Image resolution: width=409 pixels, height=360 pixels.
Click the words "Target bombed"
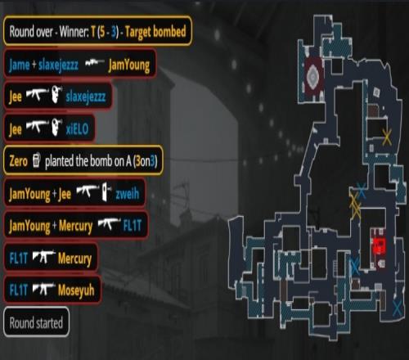[x=155, y=31]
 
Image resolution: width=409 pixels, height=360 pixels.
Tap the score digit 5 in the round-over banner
[x=101, y=31]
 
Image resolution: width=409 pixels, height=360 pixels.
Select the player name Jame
[x=19, y=65]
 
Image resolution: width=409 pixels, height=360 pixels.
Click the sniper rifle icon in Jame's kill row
[x=94, y=63]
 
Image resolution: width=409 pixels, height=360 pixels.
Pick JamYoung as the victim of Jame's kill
[x=129, y=65]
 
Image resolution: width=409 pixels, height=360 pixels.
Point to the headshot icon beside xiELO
[x=56, y=127]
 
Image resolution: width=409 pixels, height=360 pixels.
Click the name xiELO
[x=78, y=128]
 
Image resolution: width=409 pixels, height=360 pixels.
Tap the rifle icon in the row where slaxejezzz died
[x=37, y=95]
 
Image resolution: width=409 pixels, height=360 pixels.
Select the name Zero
[x=18, y=161]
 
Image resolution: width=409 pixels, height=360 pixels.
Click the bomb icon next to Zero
[x=36, y=160]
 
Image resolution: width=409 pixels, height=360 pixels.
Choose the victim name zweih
[x=128, y=194]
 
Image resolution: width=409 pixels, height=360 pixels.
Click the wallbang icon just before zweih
[x=106, y=192]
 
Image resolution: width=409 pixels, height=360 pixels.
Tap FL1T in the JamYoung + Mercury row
[x=133, y=226]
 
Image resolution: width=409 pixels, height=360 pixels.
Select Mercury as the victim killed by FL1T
[x=74, y=259]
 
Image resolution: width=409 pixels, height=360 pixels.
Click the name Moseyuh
[x=76, y=290]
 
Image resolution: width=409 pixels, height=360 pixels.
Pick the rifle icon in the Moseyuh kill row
[x=44, y=289]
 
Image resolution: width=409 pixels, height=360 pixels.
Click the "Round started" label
[x=36, y=322]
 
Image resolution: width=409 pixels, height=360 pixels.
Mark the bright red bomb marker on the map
[x=380, y=245]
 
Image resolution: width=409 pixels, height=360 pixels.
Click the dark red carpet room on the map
[x=314, y=78]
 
